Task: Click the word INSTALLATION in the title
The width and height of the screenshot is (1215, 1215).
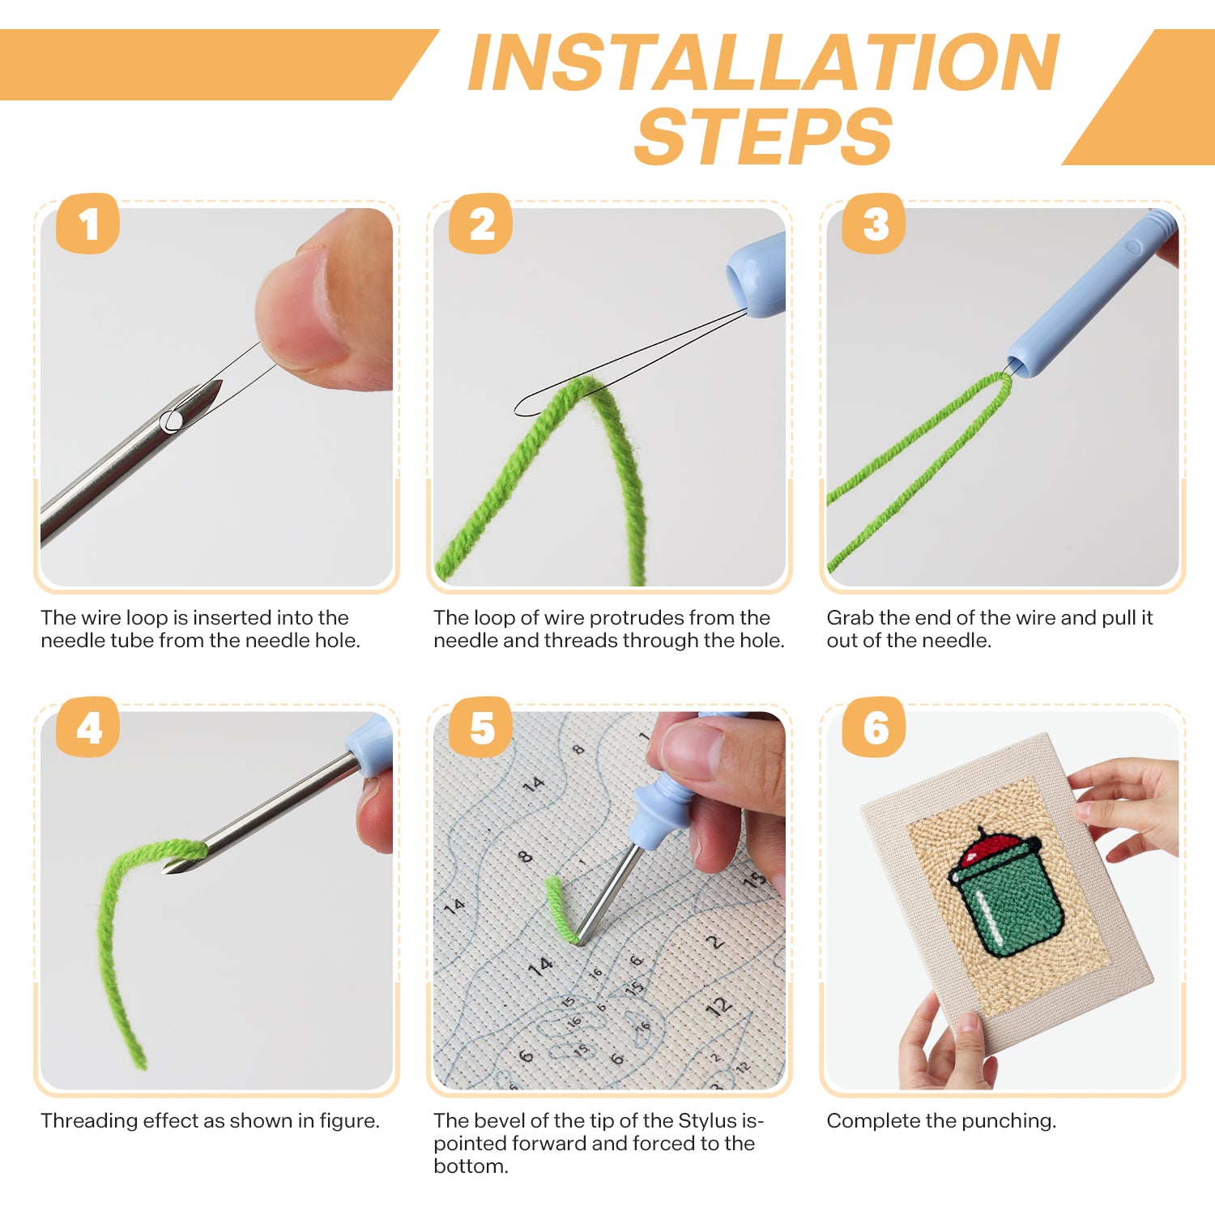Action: point(763,63)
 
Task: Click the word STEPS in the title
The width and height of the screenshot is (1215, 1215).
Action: point(763,137)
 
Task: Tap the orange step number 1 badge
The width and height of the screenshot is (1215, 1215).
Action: point(87,224)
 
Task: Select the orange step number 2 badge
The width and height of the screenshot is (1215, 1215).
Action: point(481,224)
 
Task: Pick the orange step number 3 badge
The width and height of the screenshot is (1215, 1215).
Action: point(874,224)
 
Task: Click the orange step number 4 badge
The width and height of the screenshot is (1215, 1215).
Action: point(87,728)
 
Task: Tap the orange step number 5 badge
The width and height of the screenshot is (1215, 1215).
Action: point(481,728)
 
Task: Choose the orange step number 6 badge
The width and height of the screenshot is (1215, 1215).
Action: point(874,728)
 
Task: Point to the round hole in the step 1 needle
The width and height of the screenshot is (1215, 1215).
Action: point(171,420)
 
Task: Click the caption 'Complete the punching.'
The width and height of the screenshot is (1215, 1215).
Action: point(941,1121)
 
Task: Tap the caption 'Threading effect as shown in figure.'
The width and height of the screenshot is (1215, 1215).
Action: point(210,1121)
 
